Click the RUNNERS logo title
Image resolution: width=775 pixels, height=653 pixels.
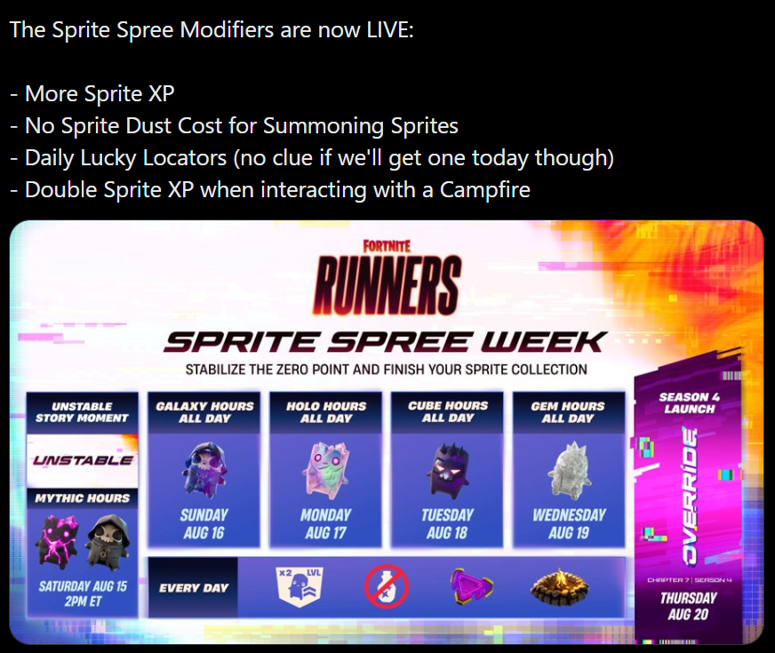[x=387, y=285]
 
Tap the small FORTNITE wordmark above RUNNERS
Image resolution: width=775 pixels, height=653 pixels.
[x=387, y=246]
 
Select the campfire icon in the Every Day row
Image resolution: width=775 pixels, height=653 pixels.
[x=560, y=586]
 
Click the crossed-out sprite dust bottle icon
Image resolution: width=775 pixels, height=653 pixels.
[x=387, y=586]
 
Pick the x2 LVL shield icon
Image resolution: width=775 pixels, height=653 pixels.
[x=300, y=586]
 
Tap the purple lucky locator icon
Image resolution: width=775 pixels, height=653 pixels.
[x=471, y=585]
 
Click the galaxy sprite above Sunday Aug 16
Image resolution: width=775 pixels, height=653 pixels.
[x=204, y=469]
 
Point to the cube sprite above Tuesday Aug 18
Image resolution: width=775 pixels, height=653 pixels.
[x=447, y=469]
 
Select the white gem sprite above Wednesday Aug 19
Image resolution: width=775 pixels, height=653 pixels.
[x=569, y=470]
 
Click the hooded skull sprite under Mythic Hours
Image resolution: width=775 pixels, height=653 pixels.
[x=108, y=542]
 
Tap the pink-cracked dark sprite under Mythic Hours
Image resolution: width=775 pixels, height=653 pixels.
[x=57, y=542]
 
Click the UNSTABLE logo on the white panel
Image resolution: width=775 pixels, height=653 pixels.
[x=83, y=460]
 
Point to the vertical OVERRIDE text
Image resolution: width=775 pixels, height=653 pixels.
[x=689, y=496]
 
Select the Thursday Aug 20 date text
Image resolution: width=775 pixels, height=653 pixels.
[x=688, y=606]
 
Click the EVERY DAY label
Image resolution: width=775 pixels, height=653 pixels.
[x=194, y=588]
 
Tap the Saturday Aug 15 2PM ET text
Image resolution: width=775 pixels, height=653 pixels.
[x=83, y=593]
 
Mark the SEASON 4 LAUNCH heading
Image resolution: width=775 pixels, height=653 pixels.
[x=689, y=402]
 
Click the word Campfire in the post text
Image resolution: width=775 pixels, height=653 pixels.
[x=485, y=189]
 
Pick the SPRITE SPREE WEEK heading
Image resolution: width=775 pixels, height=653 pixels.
[x=386, y=342]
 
